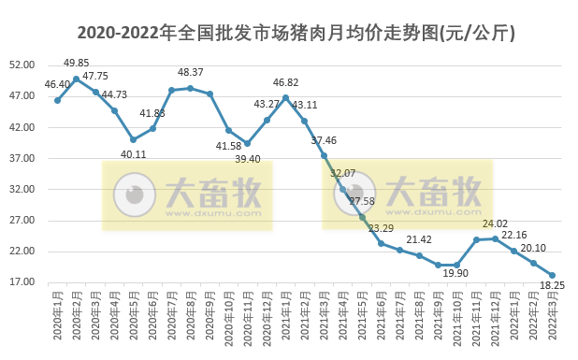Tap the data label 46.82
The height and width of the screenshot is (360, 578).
pyautogui.click(x=285, y=82)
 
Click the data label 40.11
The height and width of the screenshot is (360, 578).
pyautogui.click(x=132, y=154)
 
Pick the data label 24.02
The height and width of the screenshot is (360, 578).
pyautogui.click(x=495, y=224)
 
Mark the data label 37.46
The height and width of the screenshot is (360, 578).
pyautogui.click(x=324, y=140)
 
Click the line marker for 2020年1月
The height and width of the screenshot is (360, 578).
pyautogui.click(x=57, y=100)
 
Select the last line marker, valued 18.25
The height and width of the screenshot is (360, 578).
pyautogui.click(x=553, y=275)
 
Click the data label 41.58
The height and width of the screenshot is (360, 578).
pyautogui.click(x=228, y=146)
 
